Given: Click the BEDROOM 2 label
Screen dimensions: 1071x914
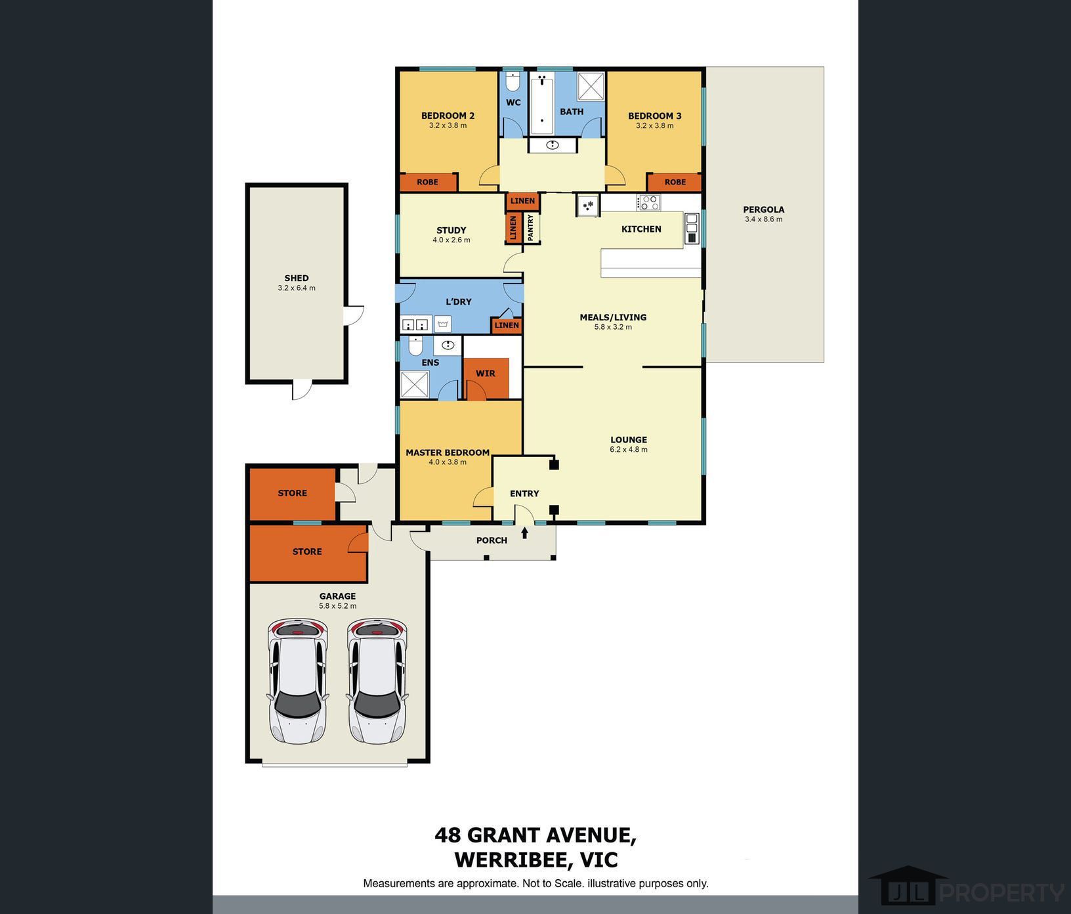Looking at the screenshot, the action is coord(448,116).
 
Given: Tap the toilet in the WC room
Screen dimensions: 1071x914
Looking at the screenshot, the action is coord(513,81).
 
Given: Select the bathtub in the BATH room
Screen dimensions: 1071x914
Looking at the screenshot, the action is coord(542,104).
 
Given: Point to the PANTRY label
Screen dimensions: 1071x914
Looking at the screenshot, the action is coord(531,228).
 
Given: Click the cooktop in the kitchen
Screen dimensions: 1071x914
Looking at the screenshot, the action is coord(648,203).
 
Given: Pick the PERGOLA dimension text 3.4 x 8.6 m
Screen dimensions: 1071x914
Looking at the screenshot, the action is coord(763,219).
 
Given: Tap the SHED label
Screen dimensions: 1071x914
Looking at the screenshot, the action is coord(297,278).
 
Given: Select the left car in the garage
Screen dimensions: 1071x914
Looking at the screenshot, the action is coord(297,681).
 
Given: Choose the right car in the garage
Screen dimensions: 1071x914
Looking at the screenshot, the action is coord(377,681).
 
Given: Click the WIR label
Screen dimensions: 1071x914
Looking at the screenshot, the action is coord(486,374).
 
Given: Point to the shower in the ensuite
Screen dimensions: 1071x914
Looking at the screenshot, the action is coord(415,385).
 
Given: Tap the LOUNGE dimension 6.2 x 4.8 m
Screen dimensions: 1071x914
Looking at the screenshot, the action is coord(629,450).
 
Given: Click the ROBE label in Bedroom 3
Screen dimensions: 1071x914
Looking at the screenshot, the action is coord(675,182).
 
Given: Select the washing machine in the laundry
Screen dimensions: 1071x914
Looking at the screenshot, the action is coord(443,324).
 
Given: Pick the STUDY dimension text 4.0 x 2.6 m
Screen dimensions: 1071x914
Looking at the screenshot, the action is coord(451,240).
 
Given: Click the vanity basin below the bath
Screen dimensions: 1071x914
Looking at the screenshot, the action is coord(553,145).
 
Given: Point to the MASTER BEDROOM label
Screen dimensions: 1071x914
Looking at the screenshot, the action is coord(448,452).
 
